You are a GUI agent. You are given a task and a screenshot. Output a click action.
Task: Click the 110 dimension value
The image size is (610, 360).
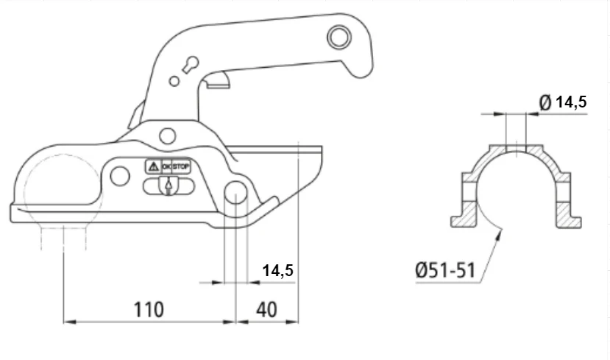pos(149,310)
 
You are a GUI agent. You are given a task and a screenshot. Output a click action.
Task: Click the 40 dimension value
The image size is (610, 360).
pos(266,310)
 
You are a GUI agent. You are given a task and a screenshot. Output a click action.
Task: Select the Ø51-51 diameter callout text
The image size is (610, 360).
pos(445,270)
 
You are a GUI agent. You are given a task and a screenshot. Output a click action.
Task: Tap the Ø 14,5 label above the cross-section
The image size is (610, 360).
pos(563,102)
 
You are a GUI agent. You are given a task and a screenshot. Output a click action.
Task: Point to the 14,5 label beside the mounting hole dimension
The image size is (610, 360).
pos(277,270)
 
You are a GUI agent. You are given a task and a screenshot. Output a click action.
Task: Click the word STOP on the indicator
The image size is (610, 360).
pos(181,166)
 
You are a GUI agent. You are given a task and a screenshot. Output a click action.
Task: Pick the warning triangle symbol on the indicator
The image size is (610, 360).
pos(154,166)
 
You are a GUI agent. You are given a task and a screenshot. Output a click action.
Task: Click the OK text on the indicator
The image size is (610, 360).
pos(166,166)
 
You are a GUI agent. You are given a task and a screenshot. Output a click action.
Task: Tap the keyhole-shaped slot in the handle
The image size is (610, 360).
pos(189,65)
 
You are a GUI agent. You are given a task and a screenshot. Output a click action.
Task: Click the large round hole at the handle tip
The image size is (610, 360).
pos(338,37)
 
